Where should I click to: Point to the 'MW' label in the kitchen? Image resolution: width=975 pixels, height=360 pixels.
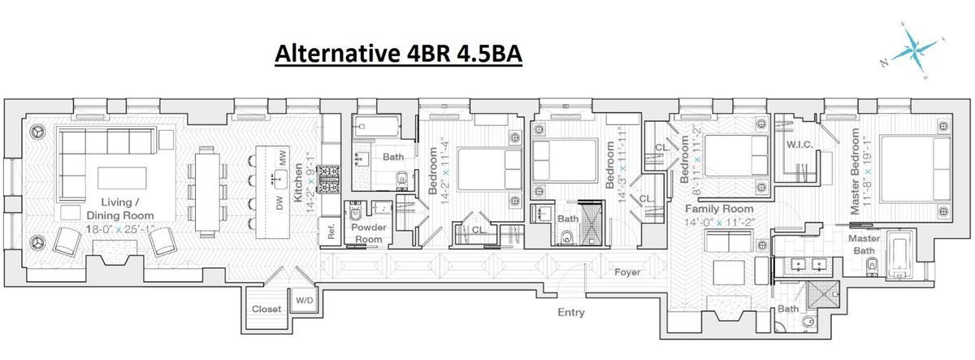pos(282,158)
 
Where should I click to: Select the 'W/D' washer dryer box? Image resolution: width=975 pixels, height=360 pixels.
pos(304,300)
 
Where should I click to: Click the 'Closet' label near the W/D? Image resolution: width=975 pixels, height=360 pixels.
pos(266,309)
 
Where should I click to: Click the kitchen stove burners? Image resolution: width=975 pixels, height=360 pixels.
pos(328,178)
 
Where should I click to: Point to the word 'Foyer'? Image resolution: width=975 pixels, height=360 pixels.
pos(626,273)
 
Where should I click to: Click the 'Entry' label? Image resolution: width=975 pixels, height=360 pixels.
pos(570,312)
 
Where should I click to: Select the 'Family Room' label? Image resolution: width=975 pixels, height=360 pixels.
pos(716,209)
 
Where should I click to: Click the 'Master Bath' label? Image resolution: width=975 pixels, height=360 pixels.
pos(865,245)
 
